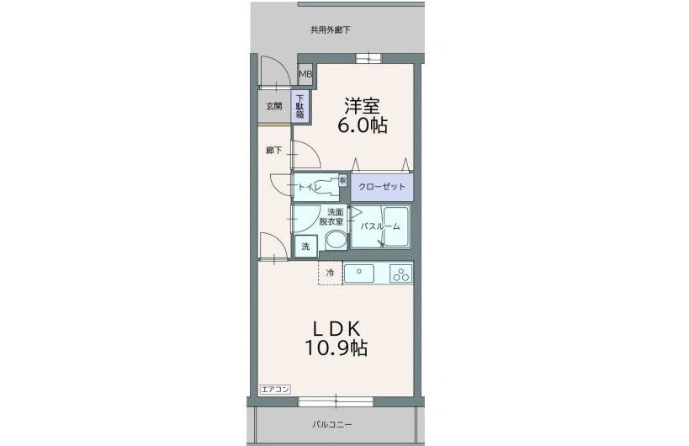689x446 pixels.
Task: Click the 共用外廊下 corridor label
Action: [330, 30]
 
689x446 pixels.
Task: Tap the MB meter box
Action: [305, 75]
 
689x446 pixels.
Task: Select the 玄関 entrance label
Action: [273, 106]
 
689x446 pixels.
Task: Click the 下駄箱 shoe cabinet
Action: [300, 106]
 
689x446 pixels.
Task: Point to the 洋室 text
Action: [362, 106]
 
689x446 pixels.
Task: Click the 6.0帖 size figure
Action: [362, 126]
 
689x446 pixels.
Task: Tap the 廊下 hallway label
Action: [273, 151]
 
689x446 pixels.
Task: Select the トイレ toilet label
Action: [308, 188]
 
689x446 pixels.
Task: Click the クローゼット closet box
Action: [381, 187]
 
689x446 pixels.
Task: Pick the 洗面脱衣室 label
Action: [335, 217]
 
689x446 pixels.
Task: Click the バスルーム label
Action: [379, 226]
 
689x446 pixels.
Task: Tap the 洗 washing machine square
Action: [305, 247]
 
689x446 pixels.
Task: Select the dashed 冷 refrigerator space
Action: [330, 273]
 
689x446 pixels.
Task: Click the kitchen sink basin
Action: [363, 273]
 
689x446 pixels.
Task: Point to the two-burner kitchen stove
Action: [400, 273]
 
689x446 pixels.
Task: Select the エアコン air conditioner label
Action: [275, 389]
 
